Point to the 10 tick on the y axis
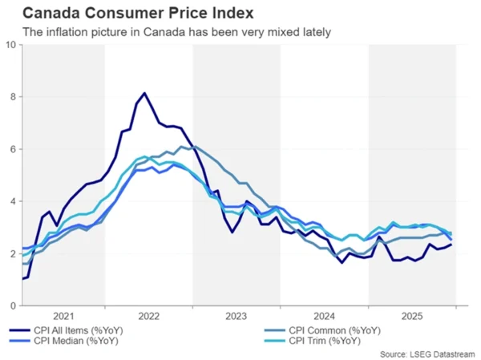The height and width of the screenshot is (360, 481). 10,45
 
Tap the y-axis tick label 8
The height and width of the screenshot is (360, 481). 13,97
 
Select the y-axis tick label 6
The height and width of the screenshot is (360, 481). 13,149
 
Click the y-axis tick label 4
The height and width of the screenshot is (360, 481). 13,201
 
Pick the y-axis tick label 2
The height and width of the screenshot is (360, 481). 13,253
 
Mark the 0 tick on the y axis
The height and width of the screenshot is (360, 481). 13,305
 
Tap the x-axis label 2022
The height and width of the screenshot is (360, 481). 149,317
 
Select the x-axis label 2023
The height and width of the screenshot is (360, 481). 236,317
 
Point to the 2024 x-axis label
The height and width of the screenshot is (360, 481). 325,317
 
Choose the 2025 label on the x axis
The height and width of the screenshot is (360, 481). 412,317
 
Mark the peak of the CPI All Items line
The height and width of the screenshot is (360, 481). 144,94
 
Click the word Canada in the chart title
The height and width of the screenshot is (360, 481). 51,14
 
